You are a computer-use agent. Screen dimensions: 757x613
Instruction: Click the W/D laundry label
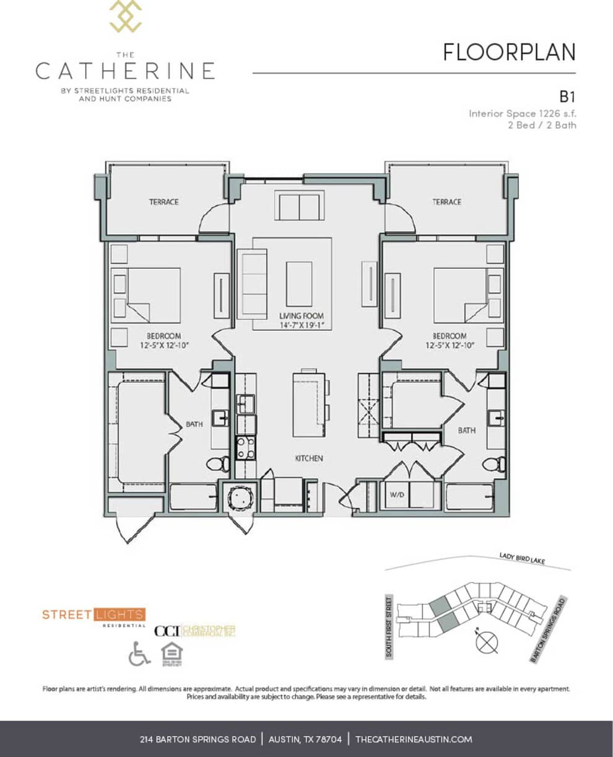tap(396, 494)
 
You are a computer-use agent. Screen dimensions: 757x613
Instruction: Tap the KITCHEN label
tap(308, 458)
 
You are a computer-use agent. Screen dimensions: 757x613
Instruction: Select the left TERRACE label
tap(163, 202)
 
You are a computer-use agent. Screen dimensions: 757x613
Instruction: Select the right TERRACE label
tap(446, 202)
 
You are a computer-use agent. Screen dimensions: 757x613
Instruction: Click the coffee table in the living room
tap(299, 283)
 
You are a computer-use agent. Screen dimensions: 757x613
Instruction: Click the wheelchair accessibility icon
tap(139, 654)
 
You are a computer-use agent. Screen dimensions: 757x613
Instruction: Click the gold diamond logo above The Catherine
tap(126, 17)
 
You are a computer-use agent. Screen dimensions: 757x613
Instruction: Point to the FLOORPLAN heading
tap(509, 53)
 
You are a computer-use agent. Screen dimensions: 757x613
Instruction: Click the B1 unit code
tap(567, 97)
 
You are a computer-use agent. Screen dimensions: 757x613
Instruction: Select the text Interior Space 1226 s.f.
tap(522, 113)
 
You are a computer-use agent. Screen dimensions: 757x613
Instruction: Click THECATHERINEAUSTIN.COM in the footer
tap(414, 739)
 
